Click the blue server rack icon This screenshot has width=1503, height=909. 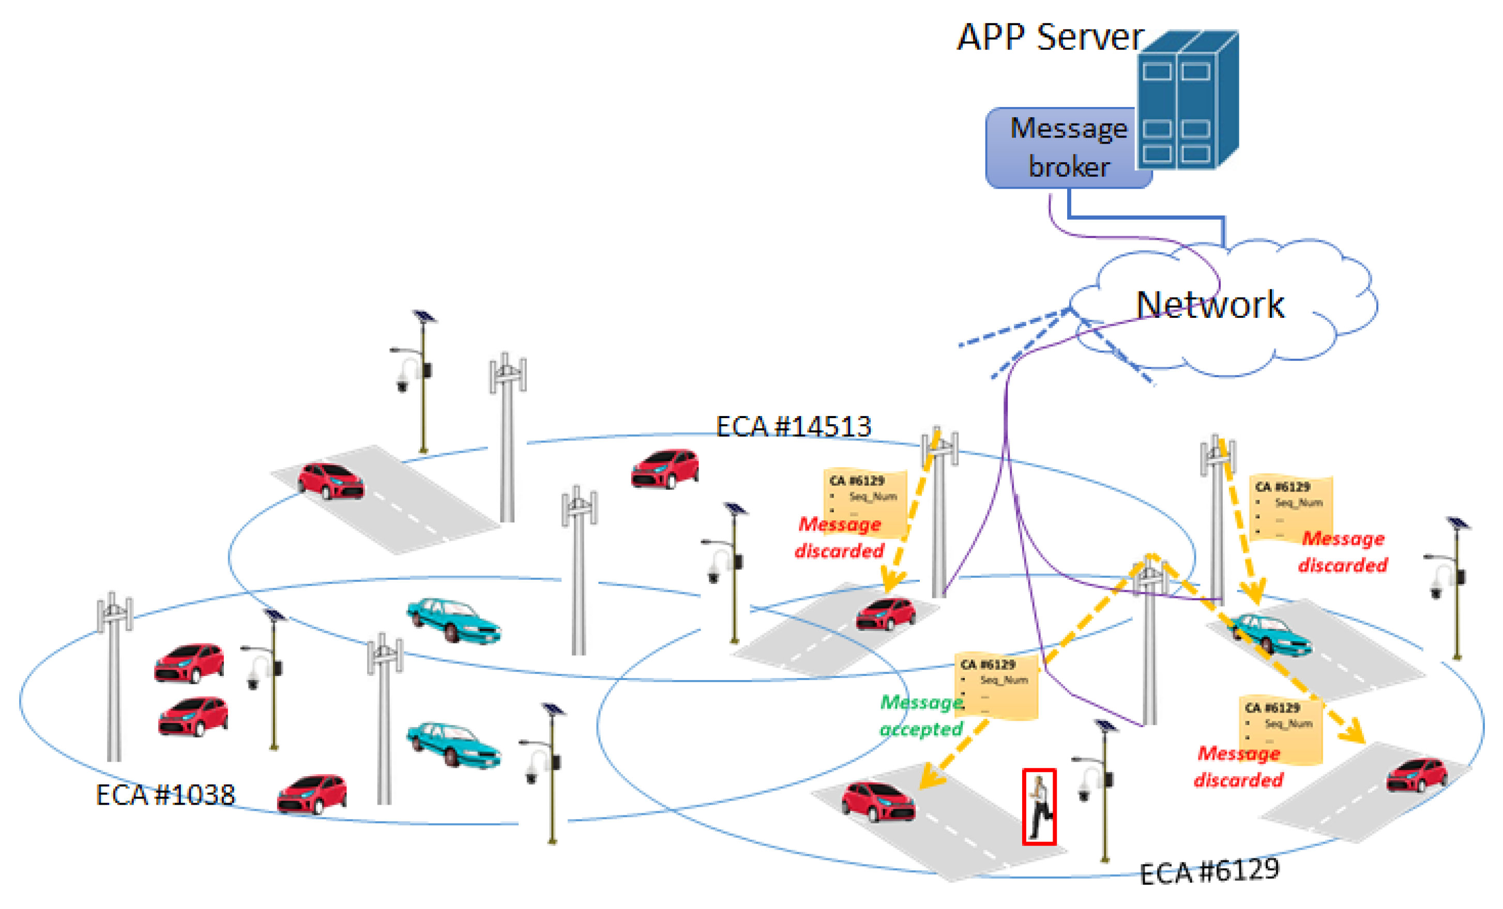click(1187, 101)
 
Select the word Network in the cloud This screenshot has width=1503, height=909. click(1210, 304)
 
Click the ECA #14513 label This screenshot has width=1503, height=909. click(793, 427)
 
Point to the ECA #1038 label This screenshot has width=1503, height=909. click(165, 795)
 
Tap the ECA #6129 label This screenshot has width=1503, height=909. click(1209, 871)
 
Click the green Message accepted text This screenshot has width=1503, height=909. click(921, 716)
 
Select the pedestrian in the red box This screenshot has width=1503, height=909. click(1039, 807)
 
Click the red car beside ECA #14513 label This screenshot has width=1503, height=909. click(665, 469)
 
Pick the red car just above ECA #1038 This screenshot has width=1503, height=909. click(312, 794)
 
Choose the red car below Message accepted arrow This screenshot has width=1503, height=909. click(878, 801)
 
